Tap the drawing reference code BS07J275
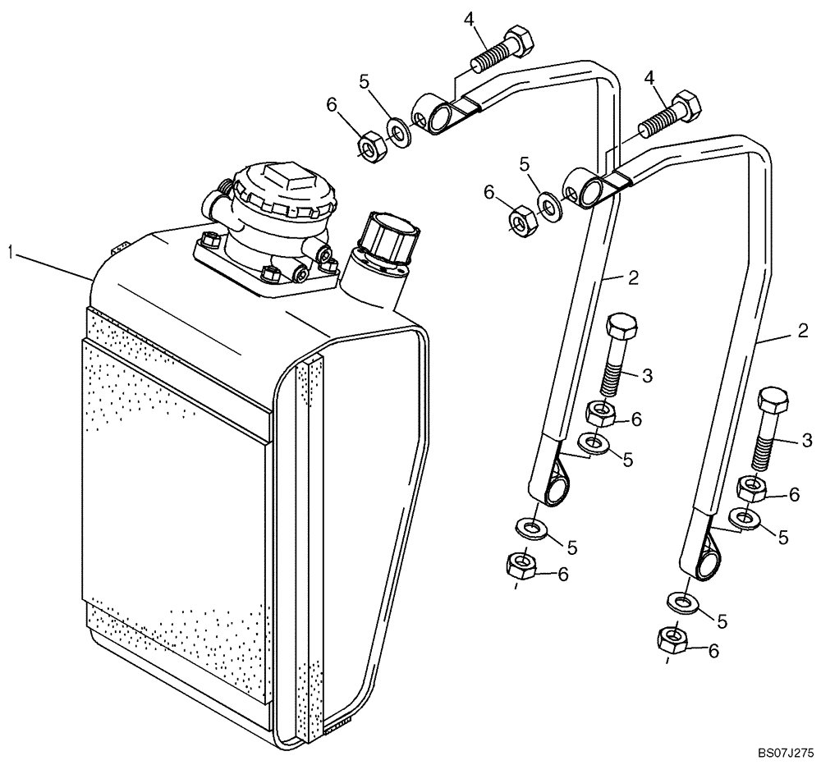784,750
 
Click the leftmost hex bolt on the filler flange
209,241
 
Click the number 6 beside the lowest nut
713,650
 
